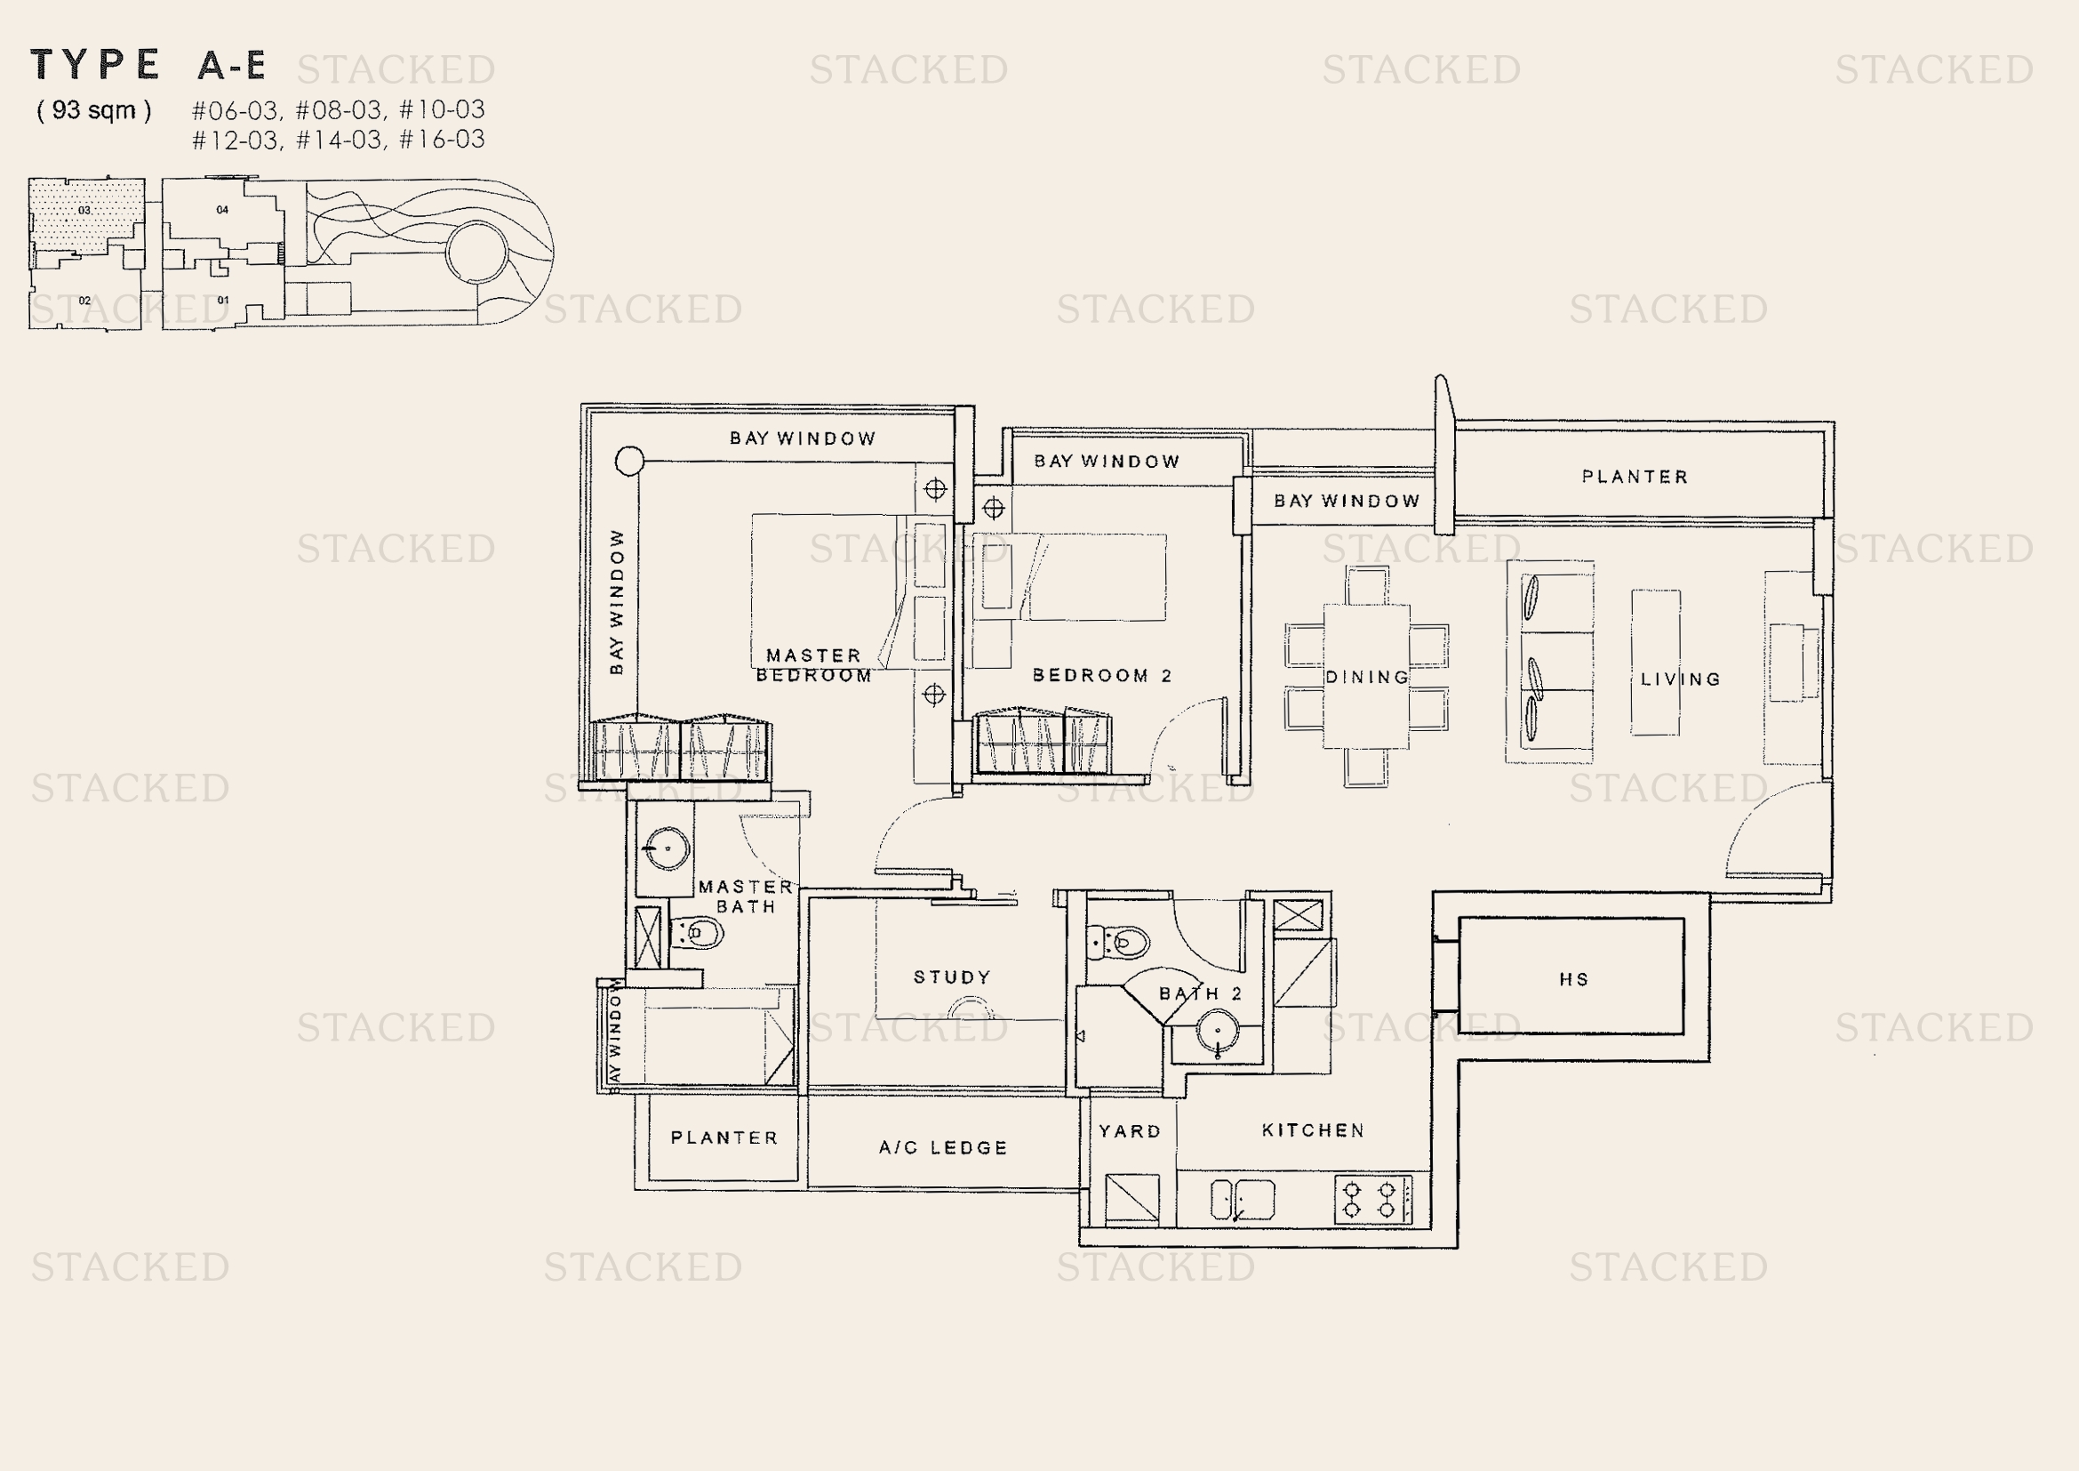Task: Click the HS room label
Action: [x=1574, y=979]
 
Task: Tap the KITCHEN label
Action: [x=1313, y=1130]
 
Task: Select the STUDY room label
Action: [x=952, y=977]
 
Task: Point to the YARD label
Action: [x=1129, y=1131]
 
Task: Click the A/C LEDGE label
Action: [x=942, y=1147]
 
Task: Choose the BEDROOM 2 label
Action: [x=1102, y=676]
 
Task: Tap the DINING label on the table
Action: [x=1366, y=678]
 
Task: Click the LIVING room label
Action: [x=1680, y=679]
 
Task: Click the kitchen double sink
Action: [x=1243, y=1200]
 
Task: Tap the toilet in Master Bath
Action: [x=696, y=932]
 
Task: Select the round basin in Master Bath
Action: [x=667, y=848]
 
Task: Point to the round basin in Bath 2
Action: [x=1218, y=1031]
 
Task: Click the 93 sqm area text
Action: [x=94, y=110]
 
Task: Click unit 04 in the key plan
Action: [x=222, y=210]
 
